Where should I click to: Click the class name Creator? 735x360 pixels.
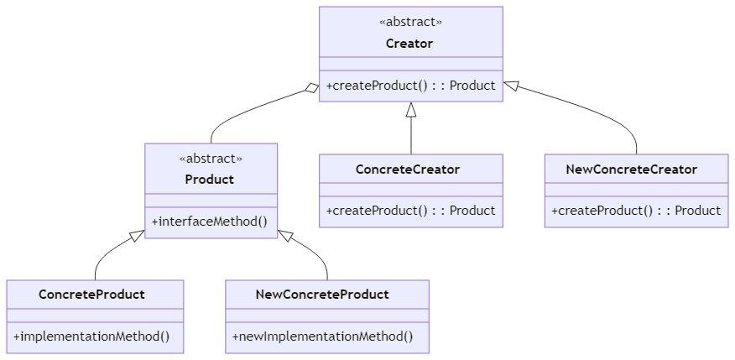click(x=409, y=44)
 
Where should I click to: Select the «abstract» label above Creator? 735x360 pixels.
click(x=410, y=22)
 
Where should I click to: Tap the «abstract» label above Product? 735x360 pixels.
click(x=211, y=159)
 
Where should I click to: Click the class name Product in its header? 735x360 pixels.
click(x=209, y=180)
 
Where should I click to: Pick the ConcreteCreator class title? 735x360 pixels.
click(x=407, y=170)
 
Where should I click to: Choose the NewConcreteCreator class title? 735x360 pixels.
click(x=632, y=170)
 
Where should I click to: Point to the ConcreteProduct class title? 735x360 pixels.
click(x=91, y=295)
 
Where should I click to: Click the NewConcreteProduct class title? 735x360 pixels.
click(x=322, y=295)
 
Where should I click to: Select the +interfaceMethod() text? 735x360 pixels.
click(x=210, y=222)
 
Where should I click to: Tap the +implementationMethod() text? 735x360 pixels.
click(x=91, y=337)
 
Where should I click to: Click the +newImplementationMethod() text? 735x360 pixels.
click(x=323, y=337)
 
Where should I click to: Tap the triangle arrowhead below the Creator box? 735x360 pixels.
click(x=411, y=109)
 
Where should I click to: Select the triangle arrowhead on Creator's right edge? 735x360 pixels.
click(x=510, y=86)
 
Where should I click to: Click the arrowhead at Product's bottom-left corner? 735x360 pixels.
click(x=138, y=235)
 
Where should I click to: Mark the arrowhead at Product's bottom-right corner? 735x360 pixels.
click(x=285, y=235)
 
